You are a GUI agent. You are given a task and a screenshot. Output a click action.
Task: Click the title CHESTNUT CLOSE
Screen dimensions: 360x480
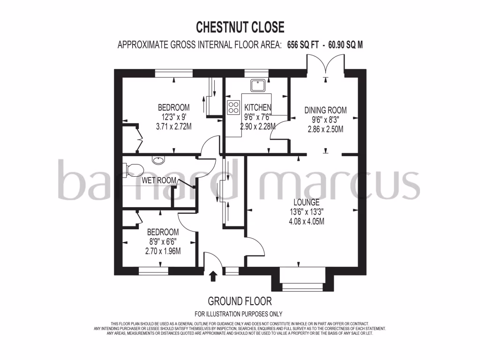[240, 27]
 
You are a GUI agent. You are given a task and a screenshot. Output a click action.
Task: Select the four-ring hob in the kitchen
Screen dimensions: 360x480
[233, 108]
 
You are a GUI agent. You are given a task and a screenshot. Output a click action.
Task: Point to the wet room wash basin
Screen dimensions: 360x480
[159, 161]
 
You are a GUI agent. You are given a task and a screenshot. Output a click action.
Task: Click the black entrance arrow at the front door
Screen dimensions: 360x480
[213, 276]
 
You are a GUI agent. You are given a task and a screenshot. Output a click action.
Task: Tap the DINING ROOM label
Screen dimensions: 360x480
[325, 110]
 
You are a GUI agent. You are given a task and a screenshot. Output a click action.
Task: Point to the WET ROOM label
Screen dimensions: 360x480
[159, 180]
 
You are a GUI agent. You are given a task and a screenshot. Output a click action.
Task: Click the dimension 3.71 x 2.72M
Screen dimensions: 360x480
[173, 127]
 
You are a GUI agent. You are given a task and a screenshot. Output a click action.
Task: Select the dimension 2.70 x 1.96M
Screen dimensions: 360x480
[163, 251]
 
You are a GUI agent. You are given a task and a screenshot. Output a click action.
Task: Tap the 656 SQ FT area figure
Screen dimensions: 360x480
[304, 45]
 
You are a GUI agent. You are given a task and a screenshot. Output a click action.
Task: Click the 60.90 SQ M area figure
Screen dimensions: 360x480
[345, 45]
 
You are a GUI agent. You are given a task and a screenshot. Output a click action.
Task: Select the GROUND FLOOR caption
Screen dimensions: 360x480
[240, 301]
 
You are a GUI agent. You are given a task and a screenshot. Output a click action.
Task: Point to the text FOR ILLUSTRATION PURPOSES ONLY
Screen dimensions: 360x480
[238, 314]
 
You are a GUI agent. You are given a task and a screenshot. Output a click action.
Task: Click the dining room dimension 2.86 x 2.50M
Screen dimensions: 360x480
[325, 129]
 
